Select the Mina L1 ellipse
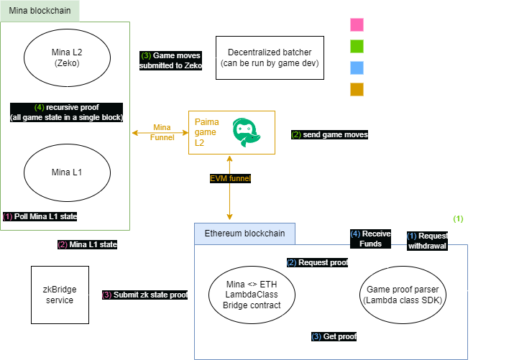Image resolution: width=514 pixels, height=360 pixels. pos(66,172)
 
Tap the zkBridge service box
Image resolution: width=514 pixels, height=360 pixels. pos(60,295)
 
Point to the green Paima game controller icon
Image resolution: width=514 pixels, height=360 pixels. pos(248,134)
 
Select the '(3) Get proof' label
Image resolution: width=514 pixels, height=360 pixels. pos(334,336)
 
